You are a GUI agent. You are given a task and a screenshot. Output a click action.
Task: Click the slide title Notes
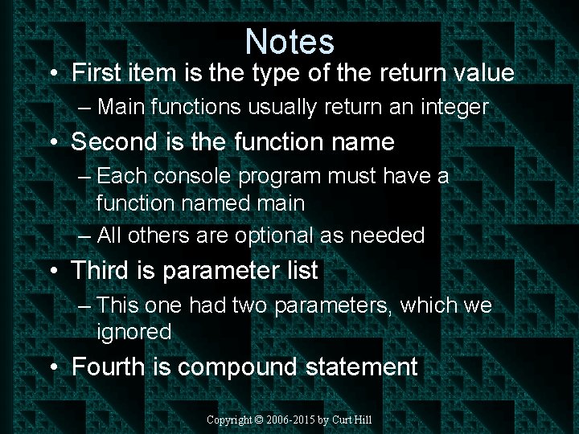(289, 41)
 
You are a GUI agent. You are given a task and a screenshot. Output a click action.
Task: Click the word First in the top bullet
(97, 73)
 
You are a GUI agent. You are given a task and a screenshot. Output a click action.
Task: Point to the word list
(300, 271)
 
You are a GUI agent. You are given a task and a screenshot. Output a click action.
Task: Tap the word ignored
(133, 332)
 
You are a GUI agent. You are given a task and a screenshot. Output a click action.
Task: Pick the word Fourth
(109, 367)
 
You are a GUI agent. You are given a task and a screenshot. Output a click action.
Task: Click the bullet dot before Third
(52, 272)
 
